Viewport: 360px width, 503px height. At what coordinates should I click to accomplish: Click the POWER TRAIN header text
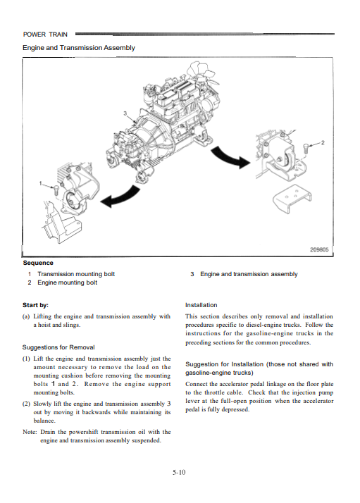[45, 35]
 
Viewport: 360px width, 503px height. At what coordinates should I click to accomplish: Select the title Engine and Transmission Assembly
[79, 48]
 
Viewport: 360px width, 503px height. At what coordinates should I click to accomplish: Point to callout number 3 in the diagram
[125, 113]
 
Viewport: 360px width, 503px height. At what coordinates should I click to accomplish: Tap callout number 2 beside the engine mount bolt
[323, 142]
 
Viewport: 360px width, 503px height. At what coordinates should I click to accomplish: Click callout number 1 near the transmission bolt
[40, 183]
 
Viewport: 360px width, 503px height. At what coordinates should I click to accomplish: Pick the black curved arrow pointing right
[230, 157]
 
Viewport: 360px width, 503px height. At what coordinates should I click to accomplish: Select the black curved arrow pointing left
[120, 197]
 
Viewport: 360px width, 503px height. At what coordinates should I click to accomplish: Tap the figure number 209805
[319, 249]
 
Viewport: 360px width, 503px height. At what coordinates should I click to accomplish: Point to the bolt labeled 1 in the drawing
[56, 190]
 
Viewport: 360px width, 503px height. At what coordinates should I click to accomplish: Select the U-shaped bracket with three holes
[292, 199]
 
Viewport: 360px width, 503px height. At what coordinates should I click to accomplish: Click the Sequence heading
[38, 263]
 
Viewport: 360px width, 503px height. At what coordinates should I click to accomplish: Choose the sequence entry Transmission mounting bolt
[76, 274]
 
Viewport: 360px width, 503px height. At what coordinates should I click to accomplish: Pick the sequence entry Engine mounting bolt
[68, 282]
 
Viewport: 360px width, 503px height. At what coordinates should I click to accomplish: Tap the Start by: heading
[35, 305]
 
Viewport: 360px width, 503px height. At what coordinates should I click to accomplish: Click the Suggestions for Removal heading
[58, 347]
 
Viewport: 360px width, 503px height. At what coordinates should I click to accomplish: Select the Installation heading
[201, 305]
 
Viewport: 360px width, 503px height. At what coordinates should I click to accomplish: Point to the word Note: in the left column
[30, 432]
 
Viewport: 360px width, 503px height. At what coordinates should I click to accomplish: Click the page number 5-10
[179, 472]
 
